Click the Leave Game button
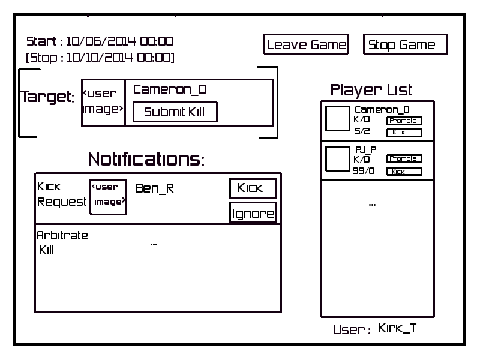(x=306, y=44)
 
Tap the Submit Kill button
(x=175, y=112)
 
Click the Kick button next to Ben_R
(x=253, y=188)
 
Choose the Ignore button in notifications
(x=253, y=213)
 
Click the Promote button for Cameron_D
(x=403, y=121)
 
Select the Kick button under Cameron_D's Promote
(x=403, y=133)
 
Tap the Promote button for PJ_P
(x=404, y=158)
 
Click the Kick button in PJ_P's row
(x=403, y=172)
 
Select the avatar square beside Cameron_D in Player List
(x=337, y=119)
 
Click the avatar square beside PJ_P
(x=337, y=158)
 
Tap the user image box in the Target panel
(x=103, y=102)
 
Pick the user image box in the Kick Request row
(x=108, y=196)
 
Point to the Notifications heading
(x=146, y=159)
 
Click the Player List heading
(x=371, y=90)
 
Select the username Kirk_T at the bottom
(x=397, y=328)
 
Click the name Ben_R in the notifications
(x=154, y=188)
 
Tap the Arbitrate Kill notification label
(x=62, y=242)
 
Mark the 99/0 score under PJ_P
(x=362, y=172)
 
